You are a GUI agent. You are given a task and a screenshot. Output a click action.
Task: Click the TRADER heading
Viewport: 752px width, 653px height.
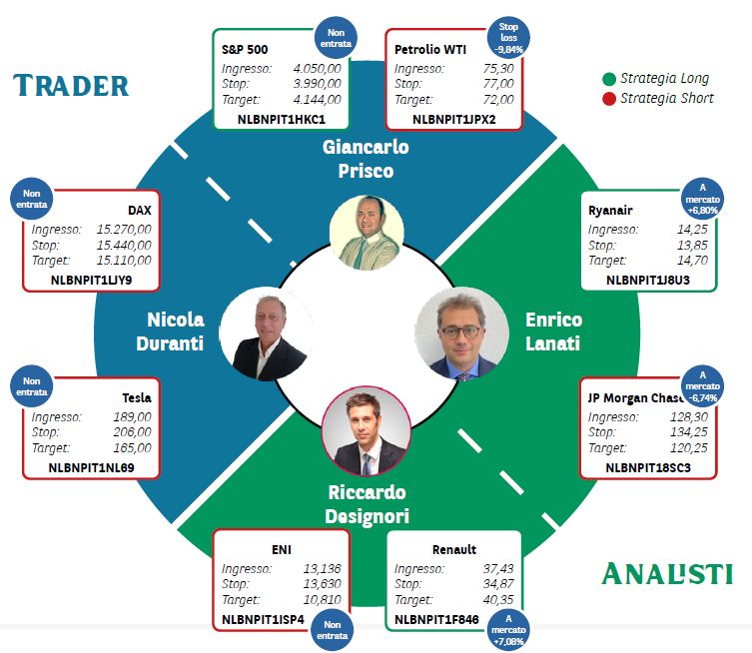71,86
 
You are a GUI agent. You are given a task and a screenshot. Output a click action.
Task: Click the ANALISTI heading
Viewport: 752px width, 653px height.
667,573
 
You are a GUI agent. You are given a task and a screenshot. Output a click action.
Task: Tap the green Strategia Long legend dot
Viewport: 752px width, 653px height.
609,79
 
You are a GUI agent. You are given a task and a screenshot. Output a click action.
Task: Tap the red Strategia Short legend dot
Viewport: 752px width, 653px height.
609,99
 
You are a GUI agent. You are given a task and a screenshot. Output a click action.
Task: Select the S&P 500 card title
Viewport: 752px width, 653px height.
245,49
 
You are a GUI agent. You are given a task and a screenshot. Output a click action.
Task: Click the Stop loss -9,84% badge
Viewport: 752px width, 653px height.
508,38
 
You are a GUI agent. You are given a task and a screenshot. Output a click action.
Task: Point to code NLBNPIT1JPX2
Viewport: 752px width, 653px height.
453,120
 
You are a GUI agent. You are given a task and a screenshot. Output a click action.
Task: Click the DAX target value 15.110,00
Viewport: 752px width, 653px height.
124,261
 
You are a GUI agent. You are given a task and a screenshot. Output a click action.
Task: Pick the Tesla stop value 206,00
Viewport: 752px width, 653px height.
132,432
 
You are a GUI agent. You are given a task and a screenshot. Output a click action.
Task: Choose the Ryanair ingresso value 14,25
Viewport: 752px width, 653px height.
692,230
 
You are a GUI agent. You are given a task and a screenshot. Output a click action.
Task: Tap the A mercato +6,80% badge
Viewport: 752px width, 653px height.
703,199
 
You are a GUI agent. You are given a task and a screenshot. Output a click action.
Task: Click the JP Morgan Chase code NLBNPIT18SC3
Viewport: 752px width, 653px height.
648,468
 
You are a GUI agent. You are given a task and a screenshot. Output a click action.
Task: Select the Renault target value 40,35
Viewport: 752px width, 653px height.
497,599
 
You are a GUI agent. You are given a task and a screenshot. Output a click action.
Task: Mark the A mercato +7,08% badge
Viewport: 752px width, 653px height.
508,629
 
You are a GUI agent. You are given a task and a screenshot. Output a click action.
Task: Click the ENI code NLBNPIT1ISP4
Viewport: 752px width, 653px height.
263,619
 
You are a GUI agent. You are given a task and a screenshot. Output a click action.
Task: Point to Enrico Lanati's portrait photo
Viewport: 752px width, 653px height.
461,333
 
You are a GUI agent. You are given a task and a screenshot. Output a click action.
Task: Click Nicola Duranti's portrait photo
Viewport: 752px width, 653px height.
267,333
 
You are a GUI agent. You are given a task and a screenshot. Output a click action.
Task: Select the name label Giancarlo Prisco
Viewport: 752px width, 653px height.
366,159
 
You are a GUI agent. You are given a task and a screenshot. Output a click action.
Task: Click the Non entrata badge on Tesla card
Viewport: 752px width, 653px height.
32,386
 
